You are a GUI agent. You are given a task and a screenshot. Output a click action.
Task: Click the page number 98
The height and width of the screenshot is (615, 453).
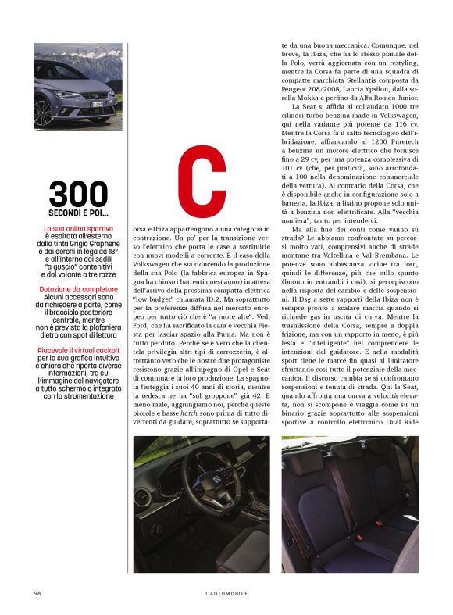[x=37, y=593]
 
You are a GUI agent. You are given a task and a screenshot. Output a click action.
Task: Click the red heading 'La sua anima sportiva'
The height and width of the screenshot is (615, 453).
[x=78, y=228]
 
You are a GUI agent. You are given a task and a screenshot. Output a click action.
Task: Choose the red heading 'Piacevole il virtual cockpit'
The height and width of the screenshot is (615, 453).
[x=78, y=350]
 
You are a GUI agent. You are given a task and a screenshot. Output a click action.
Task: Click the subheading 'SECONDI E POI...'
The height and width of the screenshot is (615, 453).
[x=78, y=213]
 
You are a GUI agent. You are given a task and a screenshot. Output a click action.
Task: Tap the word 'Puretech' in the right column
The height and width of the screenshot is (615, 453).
[x=404, y=168]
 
